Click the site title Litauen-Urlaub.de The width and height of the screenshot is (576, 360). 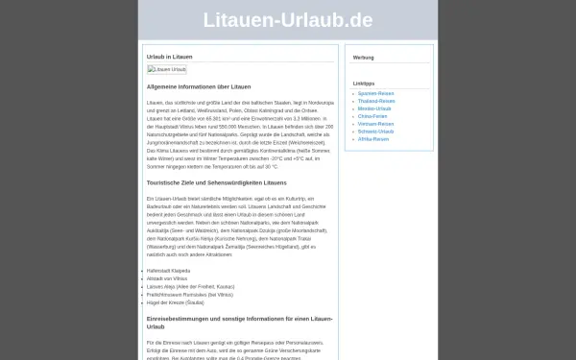tap(288, 21)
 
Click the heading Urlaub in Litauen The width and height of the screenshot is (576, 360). tap(169, 58)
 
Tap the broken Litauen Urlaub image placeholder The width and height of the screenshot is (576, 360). tap(167, 69)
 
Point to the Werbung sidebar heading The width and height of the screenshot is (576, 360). tap(364, 58)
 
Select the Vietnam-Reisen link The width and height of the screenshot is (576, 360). tap(375, 124)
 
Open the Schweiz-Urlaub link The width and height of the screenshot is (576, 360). tap(375, 132)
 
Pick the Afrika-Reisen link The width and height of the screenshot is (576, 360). tap(373, 139)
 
